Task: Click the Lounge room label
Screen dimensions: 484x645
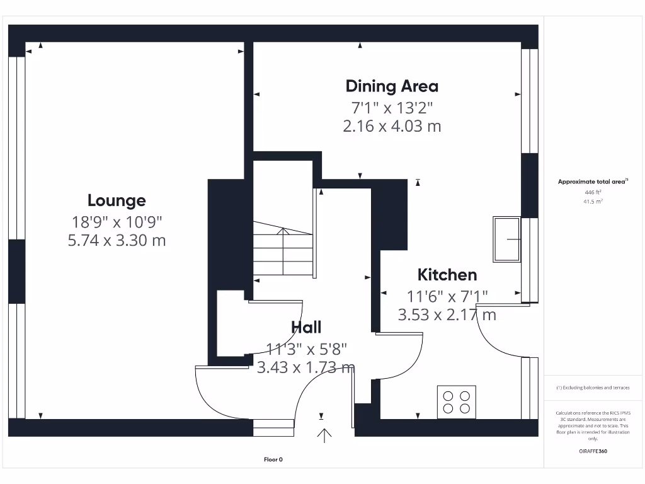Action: (x=117, y=201)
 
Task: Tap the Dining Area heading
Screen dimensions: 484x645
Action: (x=392, y=86)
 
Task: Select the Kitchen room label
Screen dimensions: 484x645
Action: (x=447, y=275)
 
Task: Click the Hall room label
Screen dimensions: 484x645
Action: (x=306, y=327)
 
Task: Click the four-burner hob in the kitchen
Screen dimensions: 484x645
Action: (x=457, y=401)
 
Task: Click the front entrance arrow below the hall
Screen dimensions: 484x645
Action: (x=325, y=435)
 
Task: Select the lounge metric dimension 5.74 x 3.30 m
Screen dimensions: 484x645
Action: (x=117, y=240)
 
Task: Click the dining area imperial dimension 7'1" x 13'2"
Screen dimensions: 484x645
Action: (x=392, y=107)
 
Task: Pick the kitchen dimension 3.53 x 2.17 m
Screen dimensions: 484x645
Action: (x=447, y=314)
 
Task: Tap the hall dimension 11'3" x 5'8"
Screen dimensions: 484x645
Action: (x=306, y=347)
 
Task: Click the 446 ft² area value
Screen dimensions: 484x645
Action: (x=593, y=192)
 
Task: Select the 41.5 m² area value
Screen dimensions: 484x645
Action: (x=593, y=202)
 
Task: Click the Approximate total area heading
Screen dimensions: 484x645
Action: (x=593, y=181)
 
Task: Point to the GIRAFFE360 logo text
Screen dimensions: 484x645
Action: (x=593, y=451)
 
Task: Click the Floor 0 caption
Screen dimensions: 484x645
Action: (x=273, y=459)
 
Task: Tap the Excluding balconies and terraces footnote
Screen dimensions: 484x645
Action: (x=593, y=388)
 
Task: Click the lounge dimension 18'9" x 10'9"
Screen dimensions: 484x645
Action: (x=117, y=221)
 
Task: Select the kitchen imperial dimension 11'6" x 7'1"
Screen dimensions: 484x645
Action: (x=447, y=295)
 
